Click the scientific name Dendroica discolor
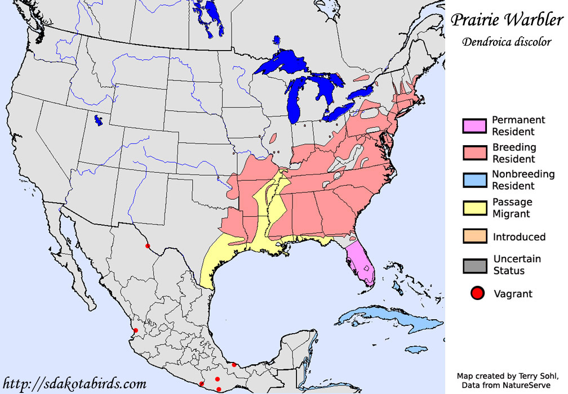pyautogui.click(x=506, y=43)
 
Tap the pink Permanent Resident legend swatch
pyautogui.click(x=473, y=126)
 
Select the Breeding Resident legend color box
pyautogui.click(x=473, y=153)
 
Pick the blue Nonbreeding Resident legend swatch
pyautogui.click(x=473, y=180)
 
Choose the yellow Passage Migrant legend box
pyautogui.click(x=473, y=208)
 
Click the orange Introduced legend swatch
pyautogui.click(x=473, y=236)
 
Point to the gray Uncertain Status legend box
pyautogui.click(x=473, y=265)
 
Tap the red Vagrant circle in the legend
pyautogui.click(x=477, y=293)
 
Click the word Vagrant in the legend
pyautogui.click(x=513, y=293)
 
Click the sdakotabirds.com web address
pyautogui.click(x=74, y=384)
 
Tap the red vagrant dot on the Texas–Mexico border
pyautogui.click(x=148, y=246)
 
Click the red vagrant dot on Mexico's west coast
pyautogui.click(x=136, y=330)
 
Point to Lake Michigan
pyautogui.click(x=294, y=101)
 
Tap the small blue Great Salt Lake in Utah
pyautogui.click(x=99, y=120)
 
